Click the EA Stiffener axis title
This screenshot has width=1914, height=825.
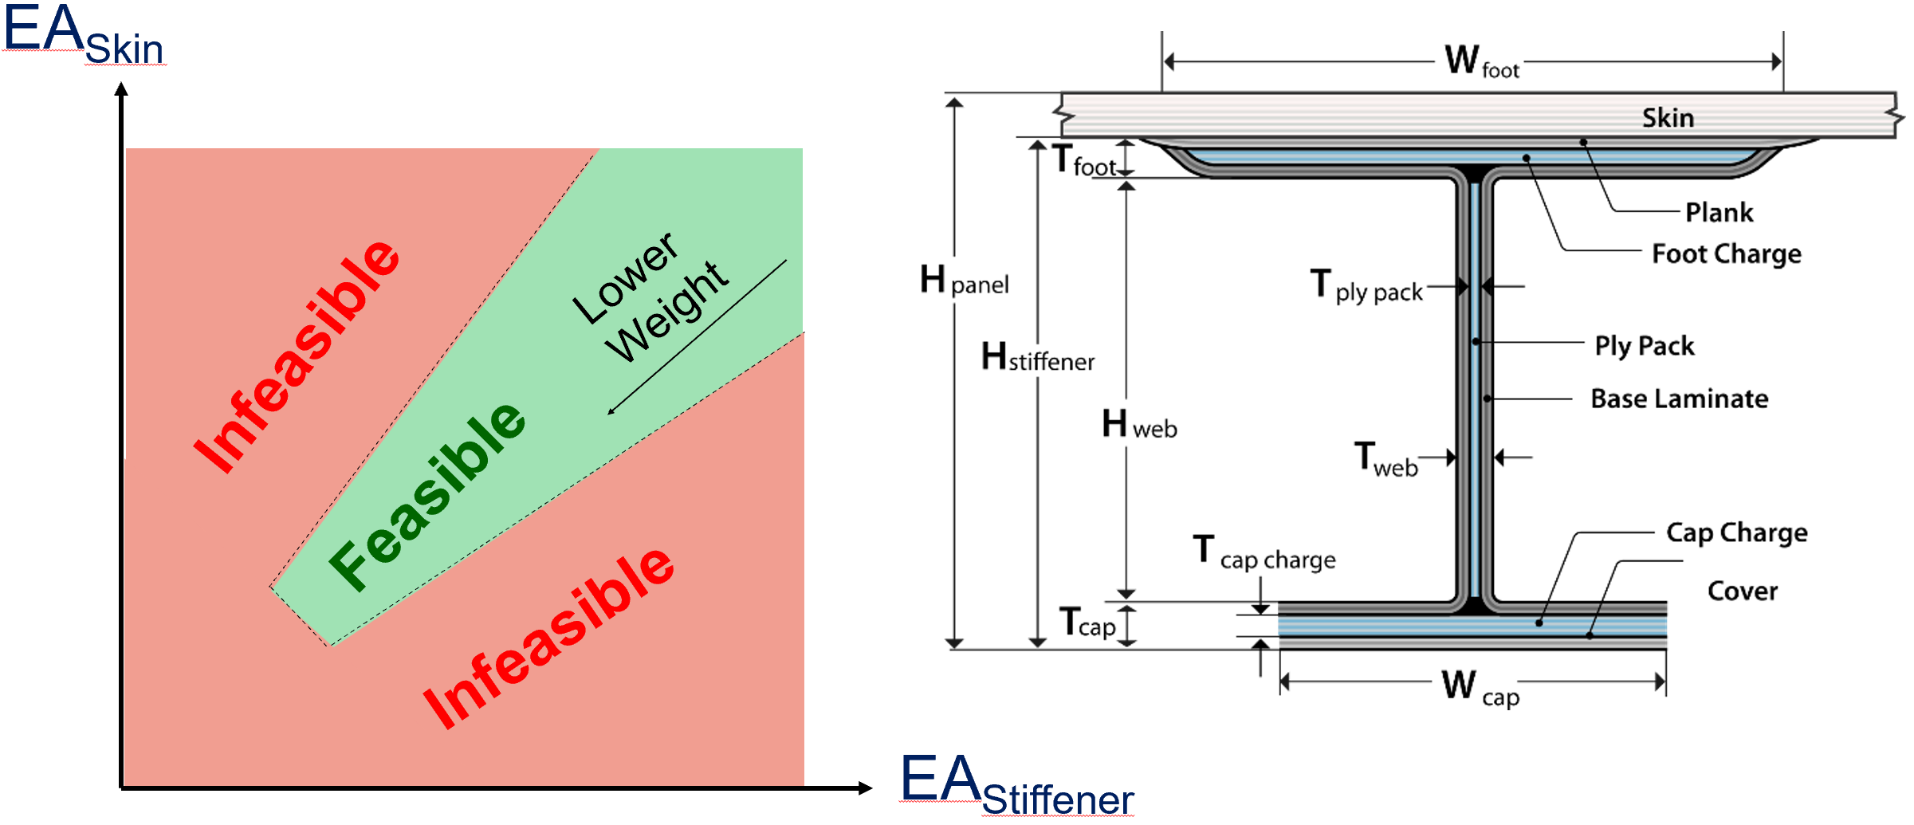(x=1017, y=785)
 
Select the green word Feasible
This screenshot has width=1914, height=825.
(x=427, y=496)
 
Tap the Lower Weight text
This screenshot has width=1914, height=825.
(x=650, y=297)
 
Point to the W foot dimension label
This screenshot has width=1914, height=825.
(x=1482, y=61)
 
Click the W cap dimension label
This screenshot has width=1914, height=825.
(x=1480, y=687)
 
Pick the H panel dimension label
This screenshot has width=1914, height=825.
(x=964, y=281)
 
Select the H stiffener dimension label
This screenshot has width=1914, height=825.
(x=1037, y=356)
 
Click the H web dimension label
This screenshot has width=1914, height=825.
(x=1139, y=424)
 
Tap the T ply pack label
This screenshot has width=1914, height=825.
(x=1366, y=286)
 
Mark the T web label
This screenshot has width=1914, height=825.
(x=1386, y=460)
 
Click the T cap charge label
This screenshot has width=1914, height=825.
(x=1264, y=552)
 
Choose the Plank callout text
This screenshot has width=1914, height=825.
(x=1719, y=213)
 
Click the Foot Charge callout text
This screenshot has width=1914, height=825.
(x=1727, y=254)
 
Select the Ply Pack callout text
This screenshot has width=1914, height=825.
(x=1645, y=346)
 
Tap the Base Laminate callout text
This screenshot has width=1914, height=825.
(x=1680, y=399)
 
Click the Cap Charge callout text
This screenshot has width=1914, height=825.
(x=1737, y=532)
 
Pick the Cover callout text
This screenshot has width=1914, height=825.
(x=1743, y=591)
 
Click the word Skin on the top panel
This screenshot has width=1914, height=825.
(x=1668, y=118)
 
